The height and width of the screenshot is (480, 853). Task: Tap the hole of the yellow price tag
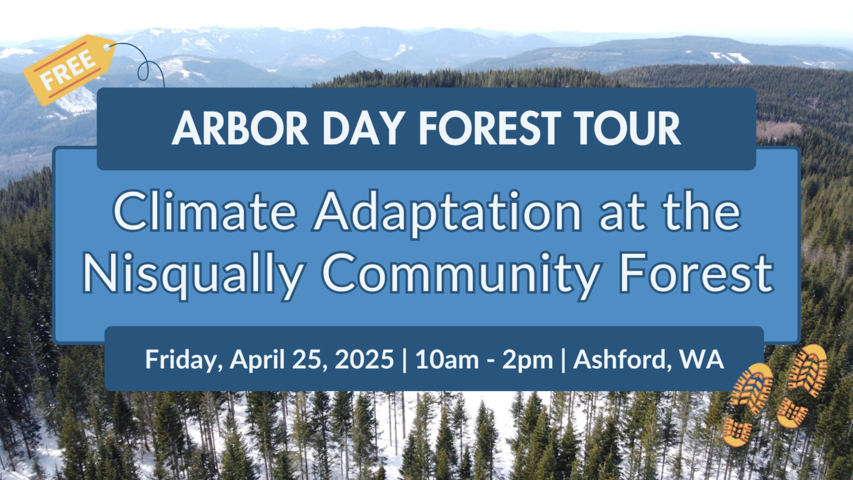(107, 47)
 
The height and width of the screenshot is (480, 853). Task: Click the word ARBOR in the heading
(240, 129)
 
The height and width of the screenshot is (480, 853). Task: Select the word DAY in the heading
(363, 129)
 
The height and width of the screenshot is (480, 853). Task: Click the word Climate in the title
(205, 212)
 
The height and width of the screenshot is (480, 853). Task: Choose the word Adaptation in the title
(448, 213)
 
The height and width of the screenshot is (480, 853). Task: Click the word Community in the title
(461, 274)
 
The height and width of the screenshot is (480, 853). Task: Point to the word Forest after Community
(696, 273)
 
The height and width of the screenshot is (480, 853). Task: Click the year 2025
(364, 359)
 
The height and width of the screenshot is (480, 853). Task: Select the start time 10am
(447, 359)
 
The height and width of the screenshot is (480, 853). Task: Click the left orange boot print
(747, 404)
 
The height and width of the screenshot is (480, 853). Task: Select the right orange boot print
(801, 386)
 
